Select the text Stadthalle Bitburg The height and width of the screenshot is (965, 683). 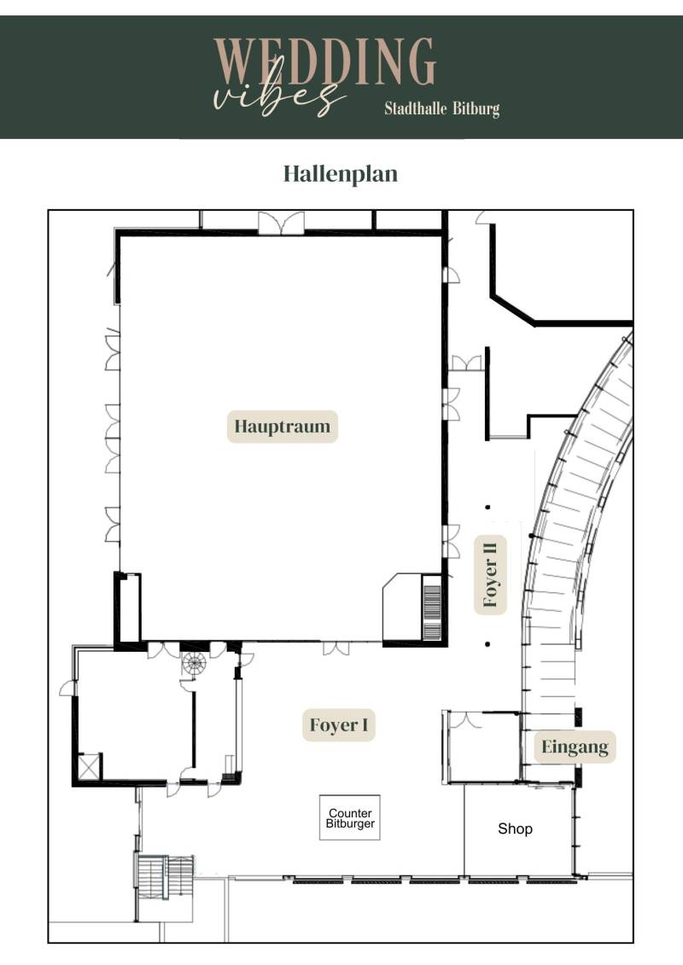pos(441,109)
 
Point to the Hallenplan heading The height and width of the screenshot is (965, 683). pos(341,173)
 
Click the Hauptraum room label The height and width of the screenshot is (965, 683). pos(282,427)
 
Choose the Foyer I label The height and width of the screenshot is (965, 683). pos(339,725)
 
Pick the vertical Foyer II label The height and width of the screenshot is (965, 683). pos(490,575)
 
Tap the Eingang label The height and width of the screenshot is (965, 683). pos(575,747)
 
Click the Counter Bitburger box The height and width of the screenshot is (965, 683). pos(350,818)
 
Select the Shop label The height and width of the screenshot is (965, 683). pos(515,829)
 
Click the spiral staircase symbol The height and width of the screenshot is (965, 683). pos(194,665)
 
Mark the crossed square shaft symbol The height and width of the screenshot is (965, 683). pos(90,767)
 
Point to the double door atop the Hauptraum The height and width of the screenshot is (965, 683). pos(282,223)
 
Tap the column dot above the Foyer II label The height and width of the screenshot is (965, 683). pos(487,508)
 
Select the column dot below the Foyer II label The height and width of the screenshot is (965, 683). pos(487,644)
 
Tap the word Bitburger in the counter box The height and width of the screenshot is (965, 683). pos(350,824)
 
